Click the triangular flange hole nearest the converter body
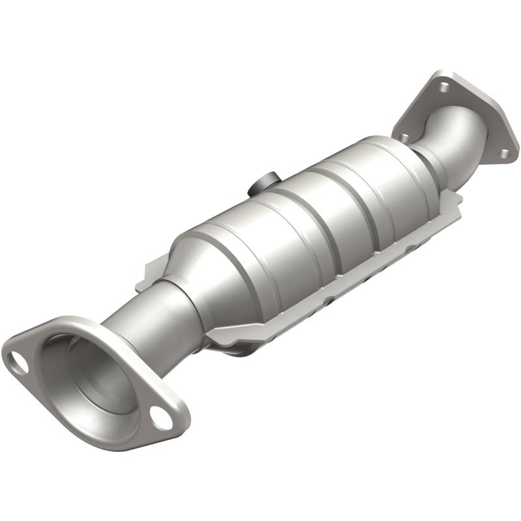pos(404,136)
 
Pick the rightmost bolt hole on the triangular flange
pos(503,154)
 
